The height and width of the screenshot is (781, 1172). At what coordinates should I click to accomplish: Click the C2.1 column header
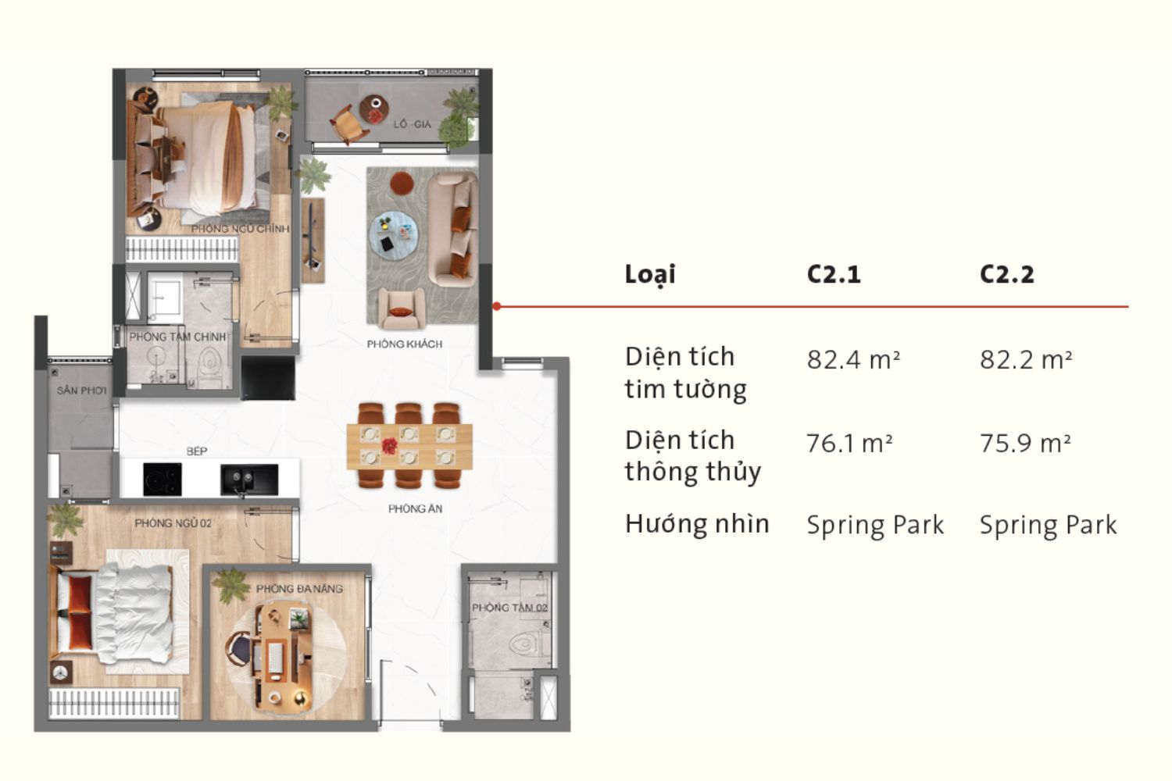[833, 274]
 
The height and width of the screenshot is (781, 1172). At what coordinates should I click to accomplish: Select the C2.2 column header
[1006, 274]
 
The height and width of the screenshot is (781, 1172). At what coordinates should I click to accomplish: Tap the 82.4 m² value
[853, 359]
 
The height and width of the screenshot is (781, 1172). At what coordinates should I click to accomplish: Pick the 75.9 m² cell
[1025, 443]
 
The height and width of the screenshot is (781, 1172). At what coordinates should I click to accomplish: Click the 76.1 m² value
[849, 443]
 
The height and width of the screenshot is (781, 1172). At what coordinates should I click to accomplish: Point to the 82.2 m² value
[1025, 359]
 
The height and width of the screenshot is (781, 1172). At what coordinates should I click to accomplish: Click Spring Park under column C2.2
[1048, 525]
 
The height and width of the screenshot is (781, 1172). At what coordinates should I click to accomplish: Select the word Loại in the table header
[650, 274]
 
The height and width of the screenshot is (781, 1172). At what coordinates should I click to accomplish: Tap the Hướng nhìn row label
[697, 523]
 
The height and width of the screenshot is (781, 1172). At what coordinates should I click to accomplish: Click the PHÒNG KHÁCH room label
[405, 344]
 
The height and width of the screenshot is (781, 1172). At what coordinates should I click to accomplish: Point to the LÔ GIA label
[412, 124]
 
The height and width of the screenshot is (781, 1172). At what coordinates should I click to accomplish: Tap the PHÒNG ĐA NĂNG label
[299, 588]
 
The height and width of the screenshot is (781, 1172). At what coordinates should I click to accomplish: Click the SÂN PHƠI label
[81, 390]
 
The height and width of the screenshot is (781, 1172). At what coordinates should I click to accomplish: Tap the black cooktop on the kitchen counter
[163, 479]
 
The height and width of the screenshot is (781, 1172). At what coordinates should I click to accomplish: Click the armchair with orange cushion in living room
[401, 309]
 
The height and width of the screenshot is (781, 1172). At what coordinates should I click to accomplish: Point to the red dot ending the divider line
[497, 306]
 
